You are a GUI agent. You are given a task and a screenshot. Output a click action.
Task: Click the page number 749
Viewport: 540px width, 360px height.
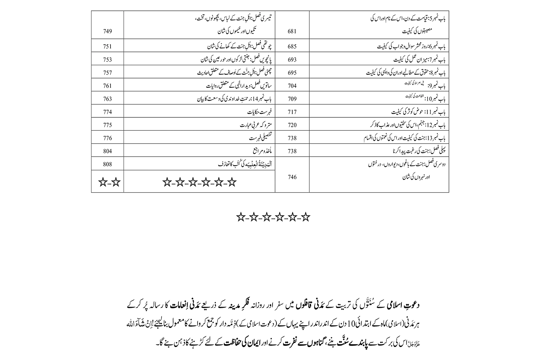[x=107, y=31]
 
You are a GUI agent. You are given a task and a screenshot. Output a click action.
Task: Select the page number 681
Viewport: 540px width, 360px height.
[x=292, y=31]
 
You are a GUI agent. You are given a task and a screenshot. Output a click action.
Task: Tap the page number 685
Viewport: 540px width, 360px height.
[x=292, y=47]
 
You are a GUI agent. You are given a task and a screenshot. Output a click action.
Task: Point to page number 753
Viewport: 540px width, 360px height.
[x=107, y=60]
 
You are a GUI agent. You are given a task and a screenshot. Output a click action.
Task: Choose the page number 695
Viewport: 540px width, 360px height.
[x=292, y=73]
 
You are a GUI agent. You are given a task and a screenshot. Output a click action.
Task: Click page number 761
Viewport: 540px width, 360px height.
[x=107, y=86]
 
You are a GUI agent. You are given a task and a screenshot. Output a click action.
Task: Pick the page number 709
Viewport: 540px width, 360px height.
[x=292, y=99]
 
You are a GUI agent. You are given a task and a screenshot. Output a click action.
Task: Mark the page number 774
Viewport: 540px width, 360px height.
[x=107, y=112]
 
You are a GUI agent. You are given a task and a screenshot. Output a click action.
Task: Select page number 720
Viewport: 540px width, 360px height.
[x=292, y=125]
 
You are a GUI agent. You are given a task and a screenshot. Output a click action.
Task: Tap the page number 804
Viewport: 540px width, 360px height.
[x=107, y=151]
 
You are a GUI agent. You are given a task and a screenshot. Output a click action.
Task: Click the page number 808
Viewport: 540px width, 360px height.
[x=107, y=164]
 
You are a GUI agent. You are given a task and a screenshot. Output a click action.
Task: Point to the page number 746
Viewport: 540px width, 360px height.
[x=292, y=177]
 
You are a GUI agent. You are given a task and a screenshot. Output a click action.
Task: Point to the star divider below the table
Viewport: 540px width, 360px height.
[x=273, y=217]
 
